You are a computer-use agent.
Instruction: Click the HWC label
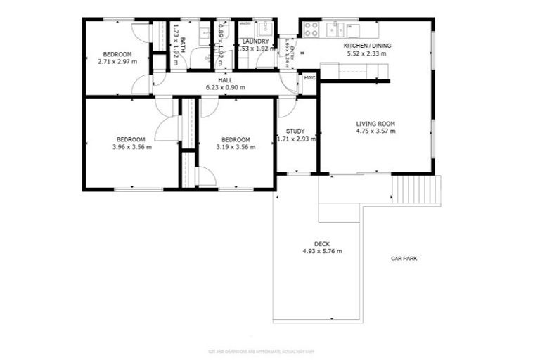[309, 77]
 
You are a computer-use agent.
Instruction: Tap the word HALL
[225, 81]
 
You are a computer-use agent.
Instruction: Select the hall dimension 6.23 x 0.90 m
[225, 88]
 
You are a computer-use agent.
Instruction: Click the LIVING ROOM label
[375, 124]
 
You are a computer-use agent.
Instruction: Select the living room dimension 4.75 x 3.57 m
[375, 131]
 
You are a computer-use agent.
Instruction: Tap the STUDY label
[295, 131]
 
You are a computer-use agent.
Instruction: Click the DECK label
[322, 243]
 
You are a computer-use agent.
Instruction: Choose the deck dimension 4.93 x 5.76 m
[322, 251]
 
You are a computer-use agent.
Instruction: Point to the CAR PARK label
[404, 259]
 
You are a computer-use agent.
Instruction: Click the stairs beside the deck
[416, 189]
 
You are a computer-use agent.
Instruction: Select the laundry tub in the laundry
[266, 29]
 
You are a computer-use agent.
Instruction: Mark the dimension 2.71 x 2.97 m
[117, 62]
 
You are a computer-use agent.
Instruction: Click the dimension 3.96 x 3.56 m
[131, 147]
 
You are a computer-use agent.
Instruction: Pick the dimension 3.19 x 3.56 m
[236, 147]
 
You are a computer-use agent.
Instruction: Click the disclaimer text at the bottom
[269, 351]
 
